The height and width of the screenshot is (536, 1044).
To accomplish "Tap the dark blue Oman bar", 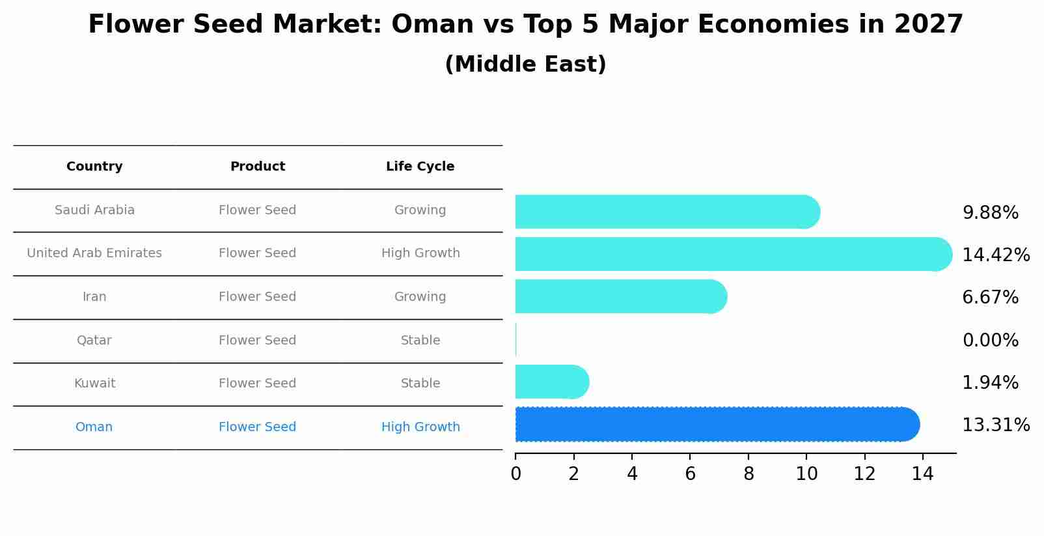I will click(716, 425).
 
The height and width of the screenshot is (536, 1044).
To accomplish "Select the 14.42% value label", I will click(995, 255).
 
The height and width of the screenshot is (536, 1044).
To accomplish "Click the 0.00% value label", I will click(990, 340).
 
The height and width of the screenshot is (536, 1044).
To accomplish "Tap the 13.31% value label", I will click(995, 425).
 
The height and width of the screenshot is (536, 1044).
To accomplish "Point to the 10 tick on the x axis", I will click(806, 474).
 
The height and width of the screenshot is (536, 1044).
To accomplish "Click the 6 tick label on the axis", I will click(690, 474).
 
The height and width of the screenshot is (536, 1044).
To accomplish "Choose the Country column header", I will click(94, 167).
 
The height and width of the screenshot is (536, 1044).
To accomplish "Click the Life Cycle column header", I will click(420, 167).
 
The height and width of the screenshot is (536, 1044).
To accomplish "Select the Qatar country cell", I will click(94, 340).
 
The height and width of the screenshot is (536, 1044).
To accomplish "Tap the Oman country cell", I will click(94, 427).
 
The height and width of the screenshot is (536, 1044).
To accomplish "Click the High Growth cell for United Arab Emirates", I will click(420, 253).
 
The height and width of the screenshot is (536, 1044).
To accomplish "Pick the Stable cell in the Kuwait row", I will click(420, 384).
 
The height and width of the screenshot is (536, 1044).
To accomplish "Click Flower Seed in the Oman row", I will click(257, 427).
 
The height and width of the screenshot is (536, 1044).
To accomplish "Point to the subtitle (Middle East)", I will click(525, 64).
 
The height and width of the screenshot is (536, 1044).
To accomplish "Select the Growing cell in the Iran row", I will click(420, 297).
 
